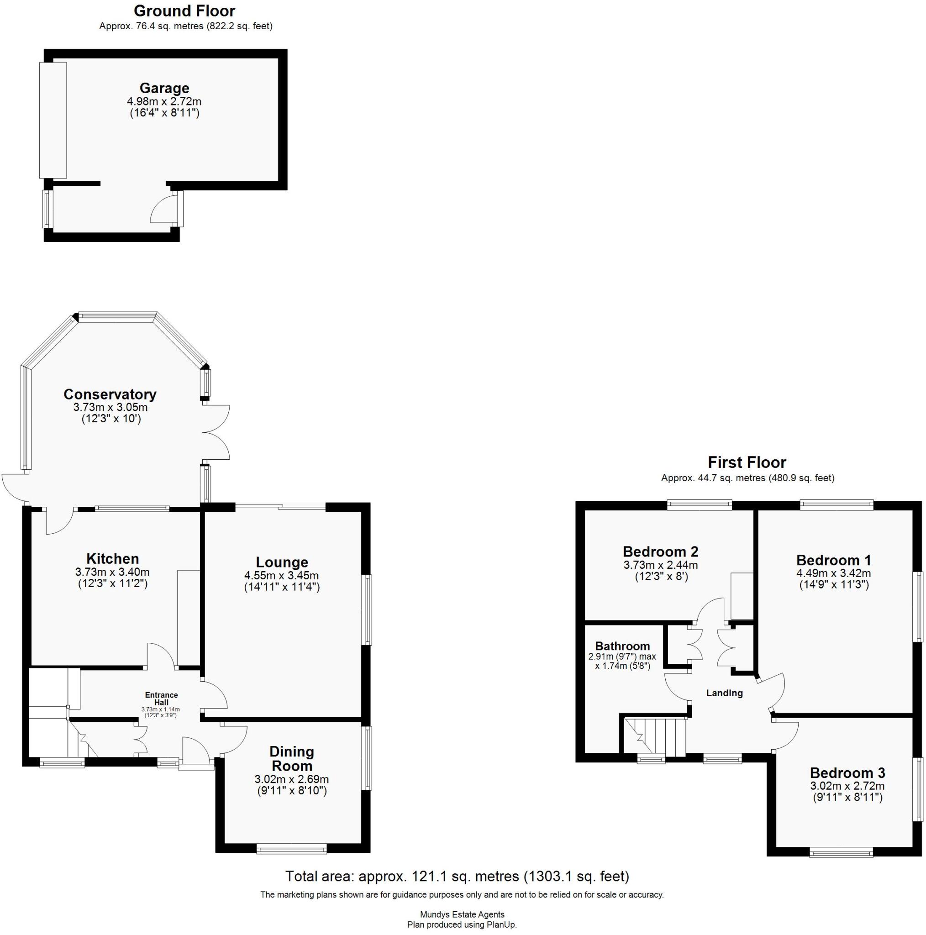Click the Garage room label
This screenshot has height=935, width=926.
click(x=164, y=88)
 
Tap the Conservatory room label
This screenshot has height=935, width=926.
click(x=110, y=394)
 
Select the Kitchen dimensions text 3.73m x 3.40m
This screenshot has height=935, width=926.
click(x=112, y=572)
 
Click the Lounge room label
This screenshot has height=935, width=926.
click(x=282, y=562)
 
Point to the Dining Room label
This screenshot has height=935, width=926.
click(x=291, y=758)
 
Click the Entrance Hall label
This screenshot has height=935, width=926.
click(x=161, y=699)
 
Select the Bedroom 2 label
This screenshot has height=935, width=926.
click(x=660, y=551)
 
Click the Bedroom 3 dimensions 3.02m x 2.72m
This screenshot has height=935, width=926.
click(x=847, y=786)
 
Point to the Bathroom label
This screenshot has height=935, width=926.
click(x=622, y=646)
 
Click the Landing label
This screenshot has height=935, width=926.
click(x=724, y=693)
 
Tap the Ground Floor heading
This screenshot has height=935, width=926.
click(x=184, y=11)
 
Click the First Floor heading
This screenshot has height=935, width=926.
click(x=747, y=462)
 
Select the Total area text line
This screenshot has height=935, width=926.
click(x=457, y=877)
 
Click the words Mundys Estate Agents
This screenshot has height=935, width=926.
click(x=462, y=914)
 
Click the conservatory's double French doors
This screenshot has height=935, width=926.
click(x=216, y=432)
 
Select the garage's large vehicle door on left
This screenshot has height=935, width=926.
click(x=53, y=120)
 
